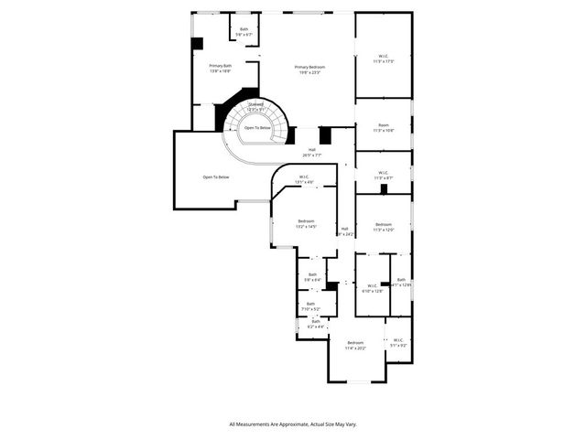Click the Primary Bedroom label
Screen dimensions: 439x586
point(309,70)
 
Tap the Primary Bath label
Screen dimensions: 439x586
point(220,69)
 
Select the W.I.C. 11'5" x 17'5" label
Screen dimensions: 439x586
point(383,59)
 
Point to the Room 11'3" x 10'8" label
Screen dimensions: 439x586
point(383,128)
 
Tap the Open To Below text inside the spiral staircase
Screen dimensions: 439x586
point(256,128)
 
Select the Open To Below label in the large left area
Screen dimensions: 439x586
point(216,177)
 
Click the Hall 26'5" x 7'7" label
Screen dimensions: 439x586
point(314,153)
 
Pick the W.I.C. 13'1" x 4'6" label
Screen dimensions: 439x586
point(303,180)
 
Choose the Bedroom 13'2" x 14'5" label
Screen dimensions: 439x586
point(306,224)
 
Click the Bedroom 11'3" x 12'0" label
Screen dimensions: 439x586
point(383,227)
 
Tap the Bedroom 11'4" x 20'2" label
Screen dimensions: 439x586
point(355,346)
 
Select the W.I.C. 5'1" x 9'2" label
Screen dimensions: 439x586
point(399,342)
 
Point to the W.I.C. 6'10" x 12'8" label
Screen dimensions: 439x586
point(372,289)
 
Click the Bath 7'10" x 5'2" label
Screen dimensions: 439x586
point(310,307)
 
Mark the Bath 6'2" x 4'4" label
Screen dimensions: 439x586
point(316,324)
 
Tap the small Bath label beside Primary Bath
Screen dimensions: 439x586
point(244,32)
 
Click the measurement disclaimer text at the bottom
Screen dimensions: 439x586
point(293,424)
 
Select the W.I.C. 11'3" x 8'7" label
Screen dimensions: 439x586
point(383,175)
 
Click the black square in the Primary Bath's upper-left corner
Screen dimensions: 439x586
point(197,43)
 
